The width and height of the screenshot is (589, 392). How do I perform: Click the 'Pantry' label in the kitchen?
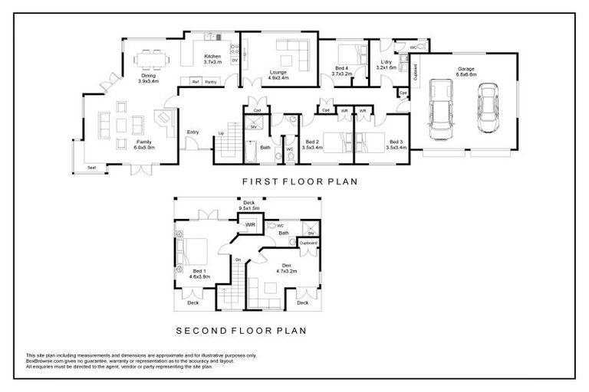tap(211, 81)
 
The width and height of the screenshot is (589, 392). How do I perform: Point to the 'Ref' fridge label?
tap(196, 81)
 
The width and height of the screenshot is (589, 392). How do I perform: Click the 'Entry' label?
tap(192, 132)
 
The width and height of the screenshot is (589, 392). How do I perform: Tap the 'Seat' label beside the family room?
tap(92, 166)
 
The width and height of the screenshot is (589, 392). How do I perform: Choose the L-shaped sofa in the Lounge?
tap(291, 54)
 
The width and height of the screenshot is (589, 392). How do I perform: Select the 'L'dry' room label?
tap(387, 62)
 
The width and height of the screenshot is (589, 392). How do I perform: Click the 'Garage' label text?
tap(466, 70)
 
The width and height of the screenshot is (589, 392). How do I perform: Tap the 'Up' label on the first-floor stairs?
tap(222, 133)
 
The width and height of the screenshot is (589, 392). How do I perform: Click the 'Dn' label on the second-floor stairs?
tap(239, 260)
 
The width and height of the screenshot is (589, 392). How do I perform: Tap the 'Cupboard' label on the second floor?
tap(308, 242)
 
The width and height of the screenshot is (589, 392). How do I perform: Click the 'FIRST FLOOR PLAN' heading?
tap(290, 182)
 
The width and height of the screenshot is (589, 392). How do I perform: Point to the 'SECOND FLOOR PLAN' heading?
tap(241, 331)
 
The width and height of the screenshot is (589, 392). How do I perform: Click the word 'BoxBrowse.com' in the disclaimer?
tap(43, 361)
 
